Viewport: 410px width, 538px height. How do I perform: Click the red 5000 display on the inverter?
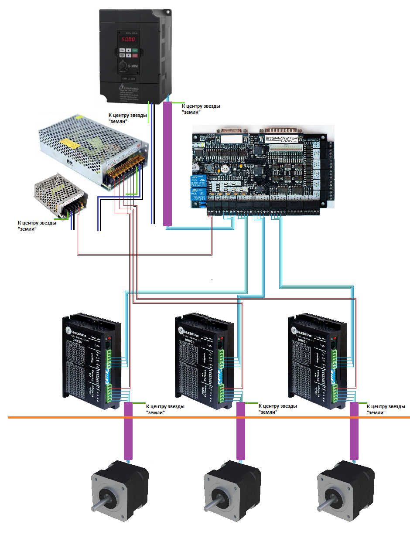point(128,39)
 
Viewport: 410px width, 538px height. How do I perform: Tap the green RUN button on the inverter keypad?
point(135,51)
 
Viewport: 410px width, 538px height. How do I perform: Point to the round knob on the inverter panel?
point(123,66)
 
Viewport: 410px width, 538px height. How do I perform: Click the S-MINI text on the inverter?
point(134,66)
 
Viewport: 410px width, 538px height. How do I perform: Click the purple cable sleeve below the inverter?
point(167,163)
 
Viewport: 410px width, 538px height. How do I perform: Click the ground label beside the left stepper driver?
point(164,409)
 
